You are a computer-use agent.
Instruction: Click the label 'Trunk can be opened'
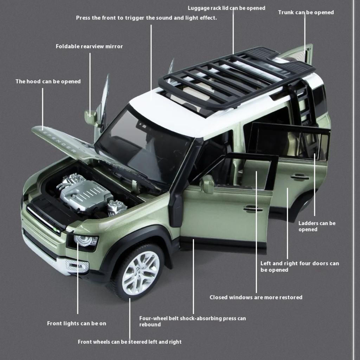click(306, 12)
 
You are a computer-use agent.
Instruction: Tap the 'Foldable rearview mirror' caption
click(89, 46)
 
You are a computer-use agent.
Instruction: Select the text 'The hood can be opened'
click(48, 82)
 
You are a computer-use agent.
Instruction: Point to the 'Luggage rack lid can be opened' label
click(226, 8)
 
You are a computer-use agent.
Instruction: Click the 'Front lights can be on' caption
click(77, 323)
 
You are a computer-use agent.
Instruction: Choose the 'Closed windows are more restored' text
click(256, 297)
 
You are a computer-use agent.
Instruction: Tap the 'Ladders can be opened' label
click(317, 226)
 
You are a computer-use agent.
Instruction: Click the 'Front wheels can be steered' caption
click(130, 342)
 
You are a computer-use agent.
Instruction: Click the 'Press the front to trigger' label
click(146, 18)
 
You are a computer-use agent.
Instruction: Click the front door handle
click(253, 209)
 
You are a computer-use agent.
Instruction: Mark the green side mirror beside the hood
click(91, 117)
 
